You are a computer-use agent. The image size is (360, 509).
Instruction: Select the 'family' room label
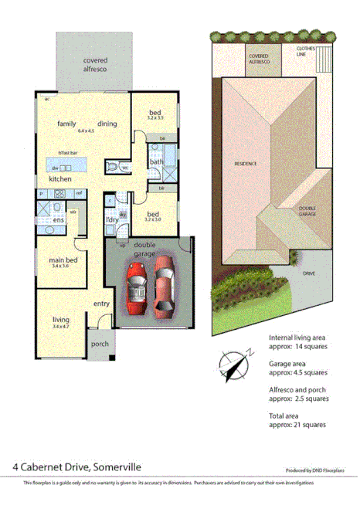point(66,124)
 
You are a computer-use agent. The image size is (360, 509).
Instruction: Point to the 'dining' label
point(107,124)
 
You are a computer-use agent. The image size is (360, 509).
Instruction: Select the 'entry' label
point(102,304)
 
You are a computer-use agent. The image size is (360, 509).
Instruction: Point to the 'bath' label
point(156,162)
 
